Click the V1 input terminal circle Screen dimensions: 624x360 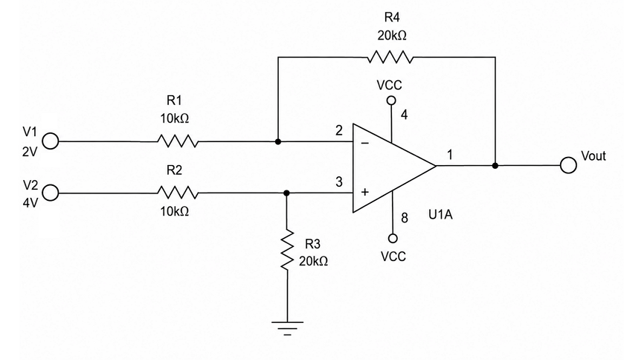[x=51, y=141]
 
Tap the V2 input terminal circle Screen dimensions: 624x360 [x=51, y=193]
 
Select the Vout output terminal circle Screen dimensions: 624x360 [x=568, y=165]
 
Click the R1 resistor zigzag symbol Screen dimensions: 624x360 [x=178, y=141]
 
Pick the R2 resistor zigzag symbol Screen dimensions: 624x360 [x=178, y=193]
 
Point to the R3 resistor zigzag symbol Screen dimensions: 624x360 [x=287, y=249]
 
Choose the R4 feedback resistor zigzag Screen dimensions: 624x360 [x=390, y=57]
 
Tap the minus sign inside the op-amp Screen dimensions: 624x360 [x=365, y=143]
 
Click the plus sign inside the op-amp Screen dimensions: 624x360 [x=365, y=192]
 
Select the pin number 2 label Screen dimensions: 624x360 [x=338, y=130]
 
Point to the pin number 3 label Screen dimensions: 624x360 [x=338, y=181]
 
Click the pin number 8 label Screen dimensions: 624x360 [x=405, y=218]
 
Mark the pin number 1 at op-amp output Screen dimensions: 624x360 [x=450, y=155]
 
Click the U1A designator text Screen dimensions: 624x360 [x=440, y=214]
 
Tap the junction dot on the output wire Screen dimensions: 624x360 [x=495, y=165]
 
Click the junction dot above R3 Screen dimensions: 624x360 [x=286, y=193]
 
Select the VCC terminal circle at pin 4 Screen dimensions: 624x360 [x=392, y=100]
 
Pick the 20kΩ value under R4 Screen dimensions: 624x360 [x=392, y=36]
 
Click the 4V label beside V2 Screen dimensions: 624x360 [x=30, y=203]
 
